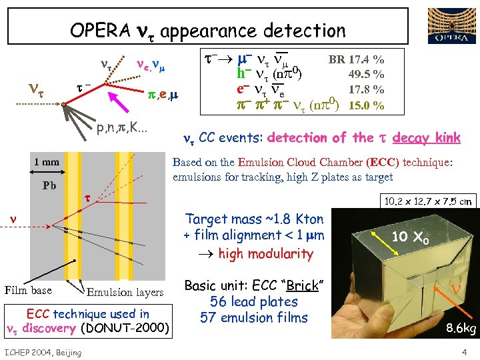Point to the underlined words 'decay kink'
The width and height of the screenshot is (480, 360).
point(427,138)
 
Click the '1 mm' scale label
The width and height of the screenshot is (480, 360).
point(47,162)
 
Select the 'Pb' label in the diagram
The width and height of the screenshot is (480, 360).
point(49,186)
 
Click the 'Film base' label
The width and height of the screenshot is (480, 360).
point(28,290)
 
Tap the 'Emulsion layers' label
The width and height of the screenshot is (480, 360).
point(125,292)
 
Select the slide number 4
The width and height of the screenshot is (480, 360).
point(463,352)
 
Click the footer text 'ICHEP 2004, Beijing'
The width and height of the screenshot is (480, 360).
point(43,352)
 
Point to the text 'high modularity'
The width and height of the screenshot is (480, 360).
point(265,253)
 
